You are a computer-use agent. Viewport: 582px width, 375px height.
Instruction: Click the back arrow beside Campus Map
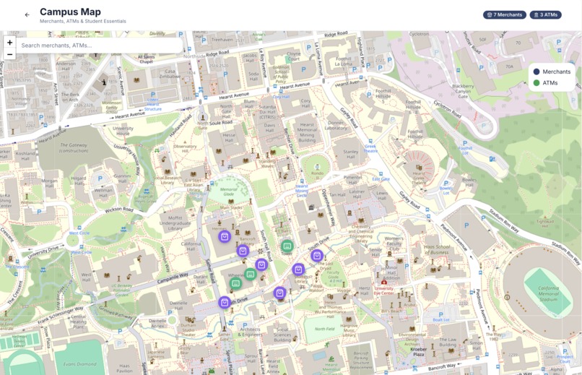(27, 14)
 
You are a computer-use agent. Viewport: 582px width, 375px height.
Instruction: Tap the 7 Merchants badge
(505, 14)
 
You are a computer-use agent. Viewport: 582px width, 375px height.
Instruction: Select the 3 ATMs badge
(545, 14)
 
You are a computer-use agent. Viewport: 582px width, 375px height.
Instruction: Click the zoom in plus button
(9, 43)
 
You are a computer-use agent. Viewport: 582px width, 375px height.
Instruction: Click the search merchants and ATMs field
(97, 46)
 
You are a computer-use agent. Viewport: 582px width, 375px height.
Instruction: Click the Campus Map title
(70, 12)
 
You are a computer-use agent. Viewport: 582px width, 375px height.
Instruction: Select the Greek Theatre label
(370, 149)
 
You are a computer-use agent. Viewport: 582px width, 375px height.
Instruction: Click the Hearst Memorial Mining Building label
(307, 133)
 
